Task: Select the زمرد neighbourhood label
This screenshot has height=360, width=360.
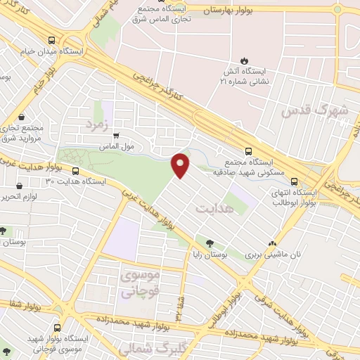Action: pos(98,124)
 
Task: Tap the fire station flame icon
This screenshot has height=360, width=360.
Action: pos(245,60)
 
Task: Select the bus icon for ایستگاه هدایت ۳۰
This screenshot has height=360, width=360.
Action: pos(74,170)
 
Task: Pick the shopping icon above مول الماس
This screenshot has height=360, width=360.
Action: pos(116,136)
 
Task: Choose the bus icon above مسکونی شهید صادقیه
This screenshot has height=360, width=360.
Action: pos(248,150)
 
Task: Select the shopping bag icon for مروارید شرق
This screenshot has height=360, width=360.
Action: pos(22,117)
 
